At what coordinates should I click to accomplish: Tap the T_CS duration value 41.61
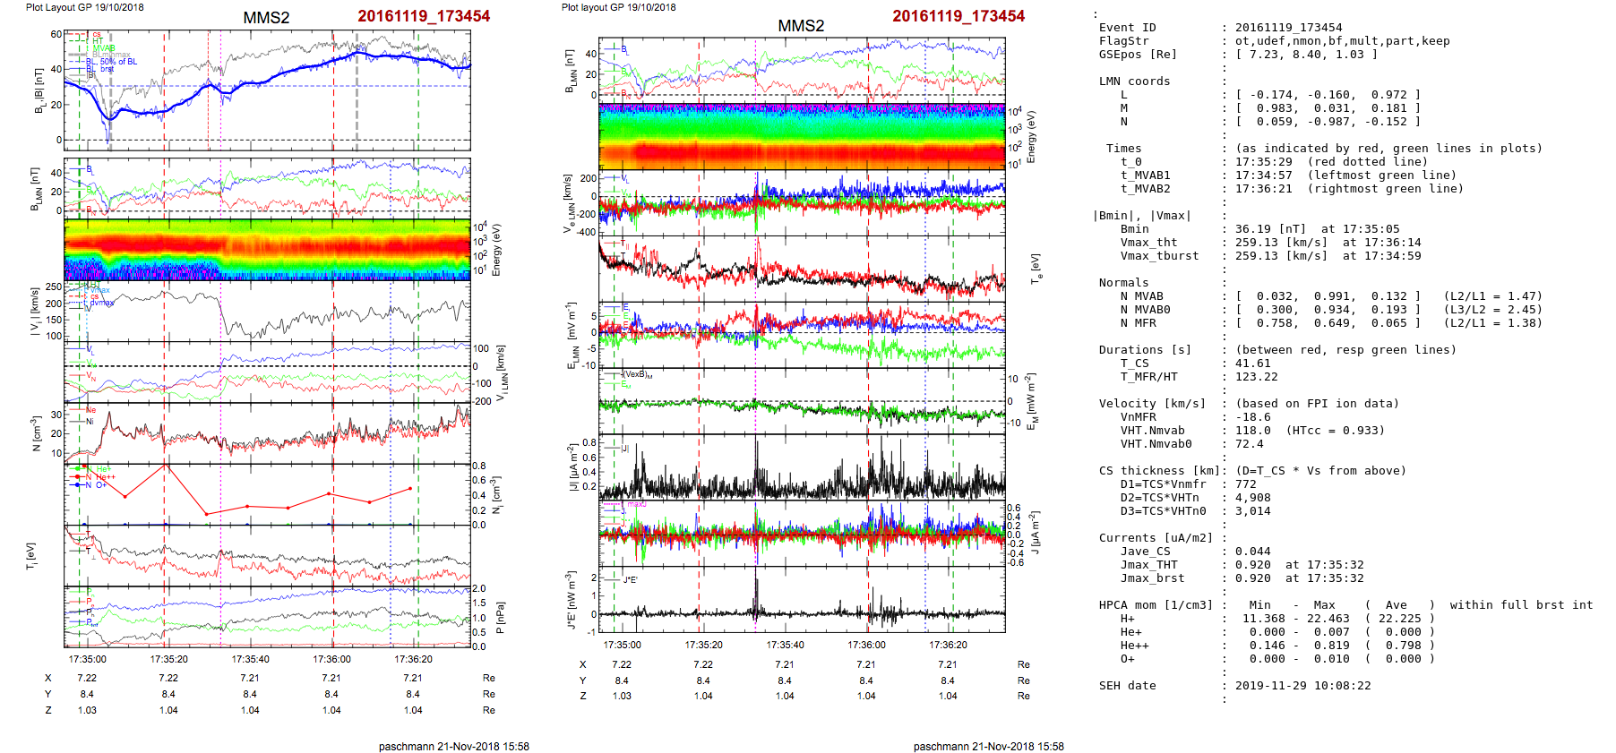coord(1252,364)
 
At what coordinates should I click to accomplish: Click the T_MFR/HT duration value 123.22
coord(1256,377)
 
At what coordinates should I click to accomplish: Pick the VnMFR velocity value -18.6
coord(1252,417)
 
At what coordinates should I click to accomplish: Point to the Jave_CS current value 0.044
coord(1252,552)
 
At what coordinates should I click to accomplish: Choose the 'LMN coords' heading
coord(1134,81)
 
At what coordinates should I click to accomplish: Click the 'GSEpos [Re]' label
coord(1138,55)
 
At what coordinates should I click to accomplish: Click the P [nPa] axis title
coord(500,618)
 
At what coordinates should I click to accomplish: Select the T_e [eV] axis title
coord(1036,268)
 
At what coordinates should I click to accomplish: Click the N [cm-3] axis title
coord(36,433)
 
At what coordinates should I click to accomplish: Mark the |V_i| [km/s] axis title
coord(34,312)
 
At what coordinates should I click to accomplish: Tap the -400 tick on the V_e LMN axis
coord(586,233)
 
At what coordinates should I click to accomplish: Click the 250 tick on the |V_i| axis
coord(54,287)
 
